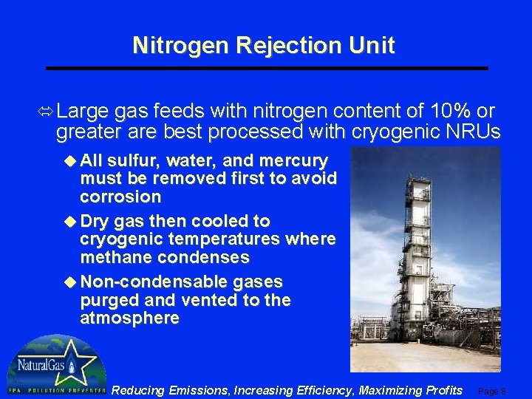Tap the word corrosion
(120, 197)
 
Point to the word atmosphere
(129, 318)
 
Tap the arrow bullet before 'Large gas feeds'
(47, 112)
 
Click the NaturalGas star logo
(55, 365)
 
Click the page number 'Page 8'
(492, 391)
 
